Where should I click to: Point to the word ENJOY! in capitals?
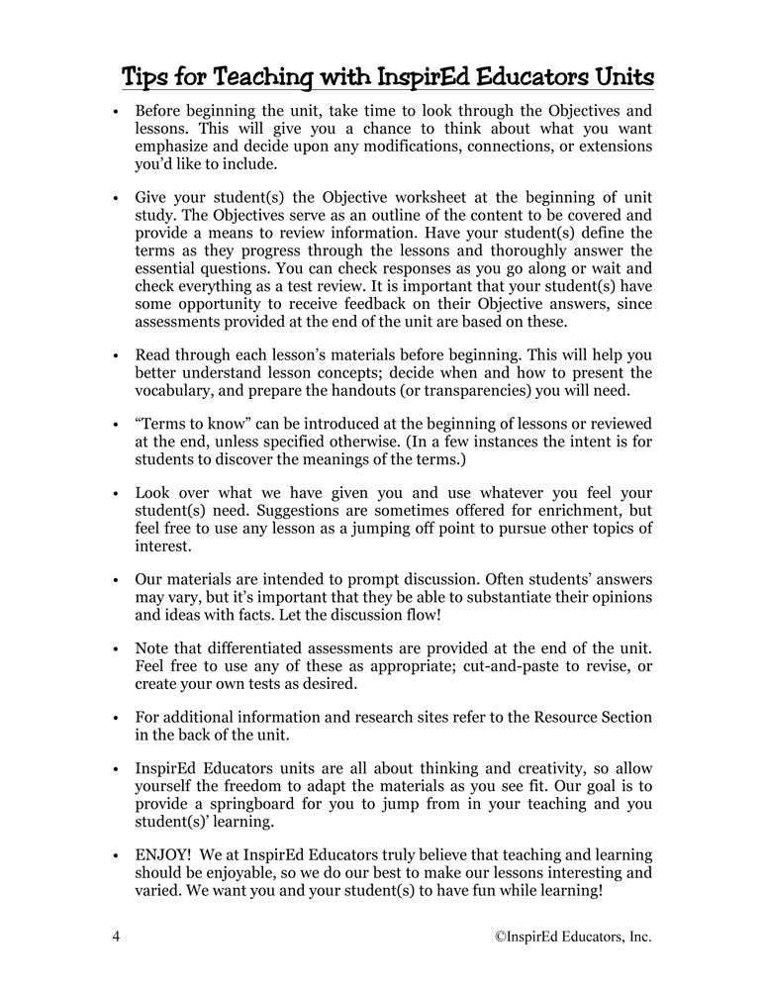[x=164, y=853]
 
